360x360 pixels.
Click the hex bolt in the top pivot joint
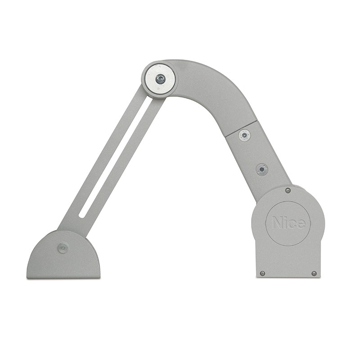[x=159, y=79]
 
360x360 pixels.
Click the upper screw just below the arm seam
[x=244, y=135]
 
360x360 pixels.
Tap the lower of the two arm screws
[x=262, y=170]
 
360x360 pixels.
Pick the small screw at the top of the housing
[x=288, y=190]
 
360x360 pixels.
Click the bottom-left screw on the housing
[x=263, y=273]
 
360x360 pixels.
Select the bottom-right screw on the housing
[x=314, y=274]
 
